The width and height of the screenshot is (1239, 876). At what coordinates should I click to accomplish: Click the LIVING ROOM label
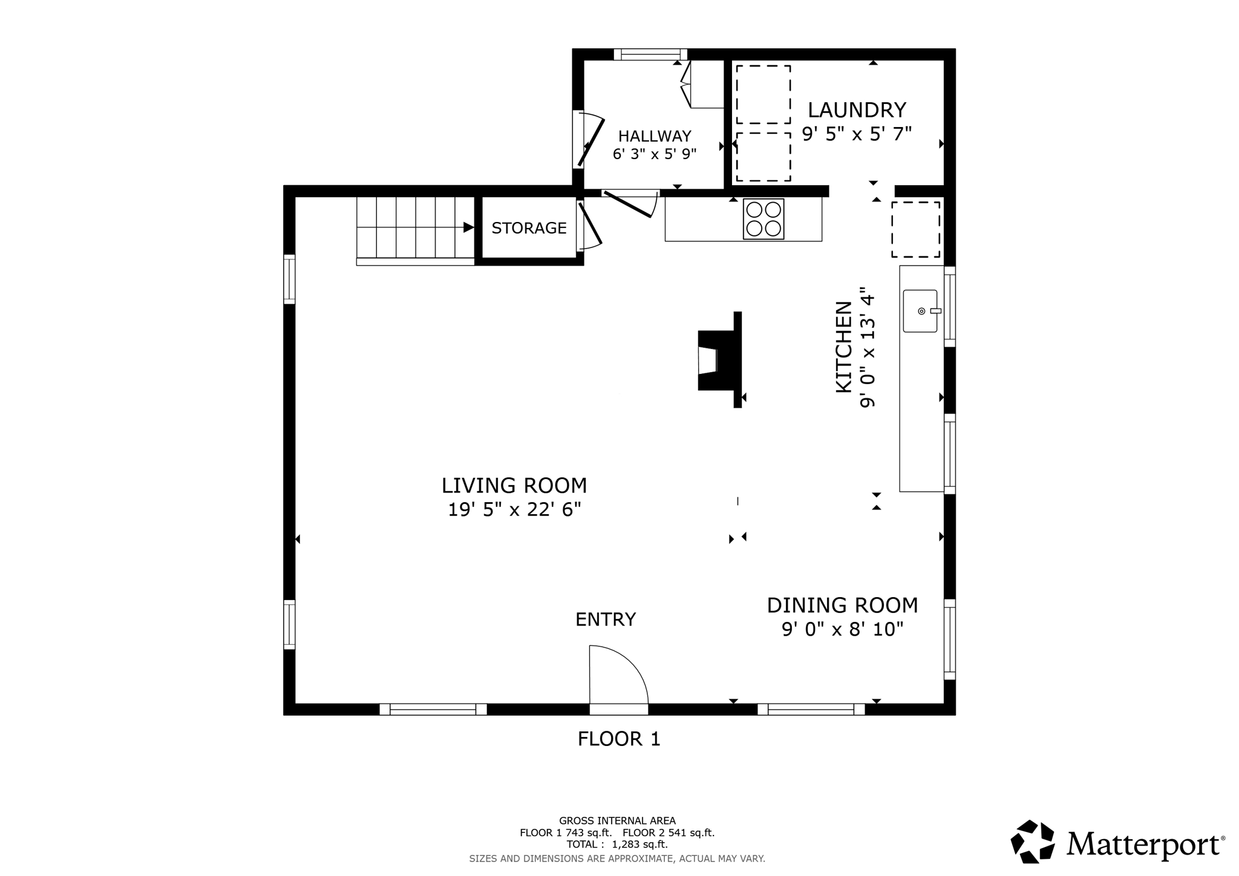pyautogui.click(x=514, y=486)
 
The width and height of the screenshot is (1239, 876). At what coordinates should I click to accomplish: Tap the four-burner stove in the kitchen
pyautogui.click(x=763, y=219)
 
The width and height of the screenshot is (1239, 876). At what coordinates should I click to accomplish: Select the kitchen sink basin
pyautogui.click(x=919, y=311)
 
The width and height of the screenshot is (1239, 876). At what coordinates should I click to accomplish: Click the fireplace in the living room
pyautogui.click(x=717, y=361)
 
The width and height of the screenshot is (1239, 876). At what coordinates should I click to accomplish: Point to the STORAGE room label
pyautogui.click(x=529, y=228)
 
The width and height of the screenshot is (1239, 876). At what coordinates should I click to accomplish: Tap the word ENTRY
pyautogui.click(x=605, y=619)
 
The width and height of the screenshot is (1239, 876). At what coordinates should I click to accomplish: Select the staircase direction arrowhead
pyautogui.click(x=468, y=227)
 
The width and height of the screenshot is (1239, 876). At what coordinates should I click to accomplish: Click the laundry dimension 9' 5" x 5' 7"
pyautogui.click(x=856, y=134)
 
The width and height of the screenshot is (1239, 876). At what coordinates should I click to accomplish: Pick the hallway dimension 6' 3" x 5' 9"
pyautogui.click(x=654, y=154)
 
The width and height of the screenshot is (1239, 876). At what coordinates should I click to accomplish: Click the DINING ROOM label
pyautogui.click(x=842, y=606)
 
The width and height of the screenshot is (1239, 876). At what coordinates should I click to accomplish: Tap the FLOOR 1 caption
pyautogui.click(x=618, y=739)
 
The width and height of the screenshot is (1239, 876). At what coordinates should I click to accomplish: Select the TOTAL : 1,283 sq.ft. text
pyautogui.click(x=617, y=845)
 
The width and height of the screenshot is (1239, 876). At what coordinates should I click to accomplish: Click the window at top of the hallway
pyautogui.click(x=650, y=54)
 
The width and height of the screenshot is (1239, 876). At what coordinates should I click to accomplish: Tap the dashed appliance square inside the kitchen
pyautogui.click(x=915, y=230)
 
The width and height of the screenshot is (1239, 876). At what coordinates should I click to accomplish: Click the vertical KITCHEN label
pyautogui.click(x=843, y=347)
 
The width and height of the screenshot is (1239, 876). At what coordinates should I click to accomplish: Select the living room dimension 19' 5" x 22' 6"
pyautogui.click(x=514, y=510)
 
